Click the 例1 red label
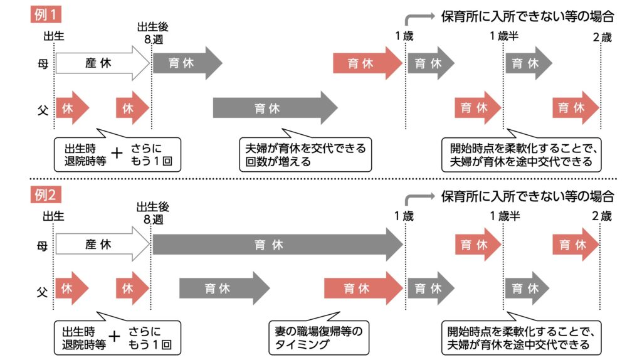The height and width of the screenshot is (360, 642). coord(46,13)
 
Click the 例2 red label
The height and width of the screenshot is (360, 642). coord(46,195)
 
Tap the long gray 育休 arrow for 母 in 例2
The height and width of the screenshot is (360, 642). coord(276,245)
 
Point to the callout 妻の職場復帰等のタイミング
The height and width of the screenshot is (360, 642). coord(320,336)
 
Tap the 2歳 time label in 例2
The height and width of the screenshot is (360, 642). coord(601,217)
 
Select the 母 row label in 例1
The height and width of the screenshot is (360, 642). coord(41,63)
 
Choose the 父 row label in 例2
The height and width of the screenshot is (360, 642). coord(41,289)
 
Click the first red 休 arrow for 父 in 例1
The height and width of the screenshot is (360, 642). coord(71,108)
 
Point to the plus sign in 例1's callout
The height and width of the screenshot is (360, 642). coord(115,154)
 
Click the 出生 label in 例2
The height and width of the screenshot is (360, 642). coord(53,217)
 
